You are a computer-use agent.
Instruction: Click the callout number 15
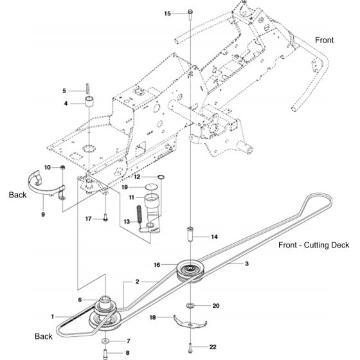click(x=168, y=14)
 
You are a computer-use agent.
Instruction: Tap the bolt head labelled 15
click(x=190, y=12)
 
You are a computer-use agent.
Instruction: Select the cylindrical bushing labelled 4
click(x=90, y=102)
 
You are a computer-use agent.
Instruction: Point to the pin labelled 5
click(x=87, y=89)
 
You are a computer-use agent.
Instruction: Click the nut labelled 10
click(x=62, y=167)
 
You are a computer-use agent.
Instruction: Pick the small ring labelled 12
click(x=161, y=177)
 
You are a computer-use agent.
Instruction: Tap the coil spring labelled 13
click(x=139, y=213)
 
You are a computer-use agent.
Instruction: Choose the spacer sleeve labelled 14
click(x=190, y=234)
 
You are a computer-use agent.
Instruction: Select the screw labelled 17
click(x=105, y=217)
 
